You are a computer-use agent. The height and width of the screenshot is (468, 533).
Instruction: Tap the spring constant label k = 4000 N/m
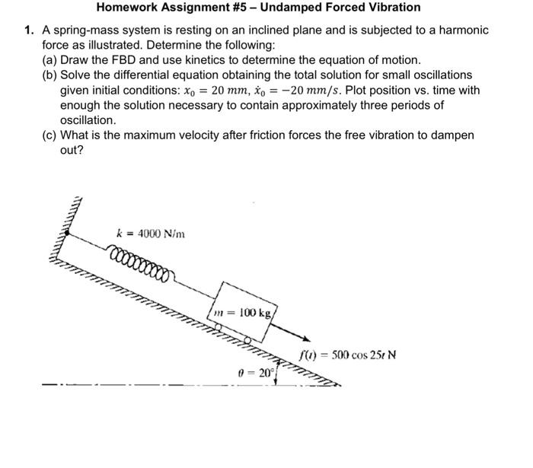(x=150, y=234)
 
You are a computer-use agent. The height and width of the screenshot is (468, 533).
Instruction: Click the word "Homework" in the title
(x=126, y=8)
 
